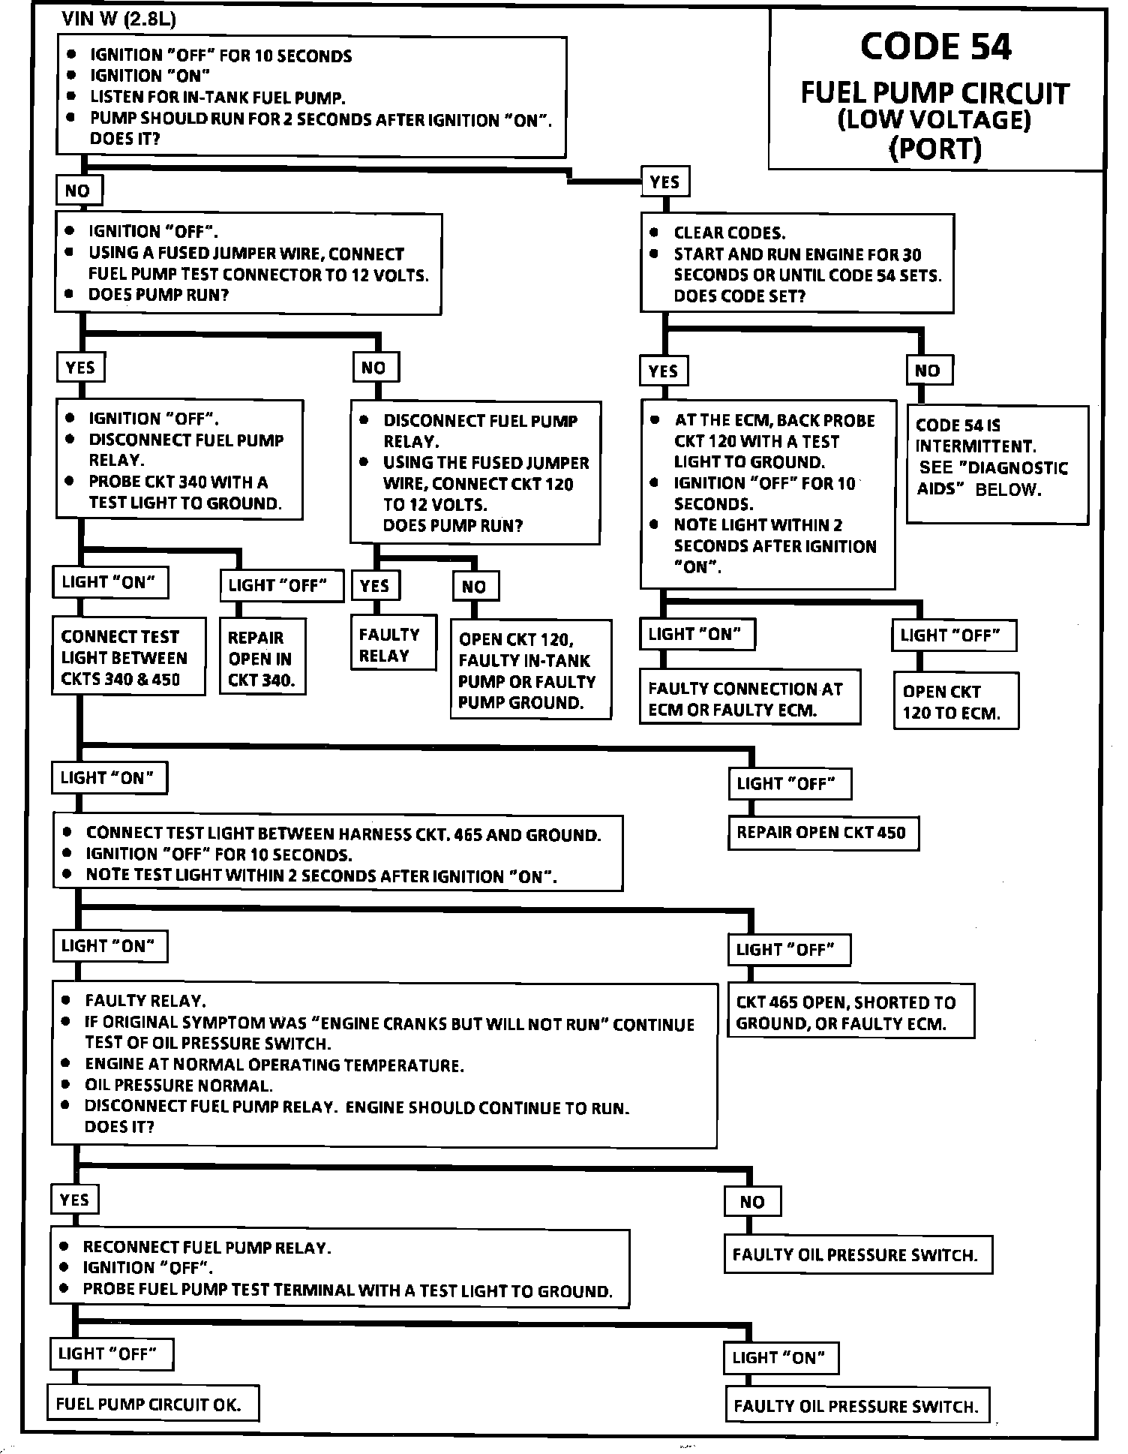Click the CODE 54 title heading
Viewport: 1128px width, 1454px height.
click(x=935, y=47)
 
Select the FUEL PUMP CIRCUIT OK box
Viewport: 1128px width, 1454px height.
click(x=153, y=1404)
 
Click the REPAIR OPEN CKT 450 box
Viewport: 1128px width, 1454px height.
click(x=823, y=833)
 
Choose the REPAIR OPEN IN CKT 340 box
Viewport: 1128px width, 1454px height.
click(x=262, y=657)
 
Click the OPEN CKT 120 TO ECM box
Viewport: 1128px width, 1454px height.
click(x=955, y=701)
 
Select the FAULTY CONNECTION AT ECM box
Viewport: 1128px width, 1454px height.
click(x=749, y=698)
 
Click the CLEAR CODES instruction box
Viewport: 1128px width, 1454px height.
click(x=796, y=263)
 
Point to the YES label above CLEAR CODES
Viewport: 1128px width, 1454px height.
click(x=664, y=182)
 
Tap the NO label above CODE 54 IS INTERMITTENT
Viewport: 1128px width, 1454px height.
click(x=928, y=370)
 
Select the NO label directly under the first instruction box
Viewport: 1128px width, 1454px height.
click(x=78, y=191)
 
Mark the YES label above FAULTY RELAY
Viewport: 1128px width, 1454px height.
click(x=375, y=585)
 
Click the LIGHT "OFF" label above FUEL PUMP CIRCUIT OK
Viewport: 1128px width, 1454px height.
click(x=109, y=1354)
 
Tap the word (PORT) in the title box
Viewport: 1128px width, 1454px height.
click(x=934, y=149)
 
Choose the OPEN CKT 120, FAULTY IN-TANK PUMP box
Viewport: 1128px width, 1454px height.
click(x=529, y=669)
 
